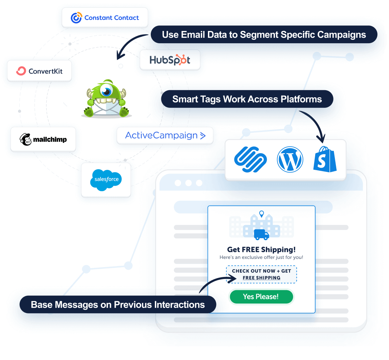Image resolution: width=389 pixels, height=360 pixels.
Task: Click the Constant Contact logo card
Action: (x=105, y=18)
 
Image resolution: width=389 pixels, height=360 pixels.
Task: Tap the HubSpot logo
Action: (x=170, y=60)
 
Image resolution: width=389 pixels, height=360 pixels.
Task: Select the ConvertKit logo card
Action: (x=39, y=71)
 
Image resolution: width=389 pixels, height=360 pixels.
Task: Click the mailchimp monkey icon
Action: (x=26, y=140)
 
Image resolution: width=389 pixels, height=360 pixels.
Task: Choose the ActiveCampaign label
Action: (x=165, y=135)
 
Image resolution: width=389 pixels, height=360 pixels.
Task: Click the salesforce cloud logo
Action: (x=106, y=180)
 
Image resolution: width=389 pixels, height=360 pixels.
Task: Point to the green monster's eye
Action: (x=107, y=91)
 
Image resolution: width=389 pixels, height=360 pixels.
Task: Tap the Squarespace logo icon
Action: (x=250, y=160)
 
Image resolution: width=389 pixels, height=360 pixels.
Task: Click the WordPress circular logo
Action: (x=290, y=160)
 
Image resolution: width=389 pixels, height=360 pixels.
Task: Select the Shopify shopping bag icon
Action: (x=325, y=160)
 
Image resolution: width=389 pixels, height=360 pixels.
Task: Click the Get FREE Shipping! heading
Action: (x=261, y=249)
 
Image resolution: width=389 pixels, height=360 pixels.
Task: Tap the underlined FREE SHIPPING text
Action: (x=261, y=278)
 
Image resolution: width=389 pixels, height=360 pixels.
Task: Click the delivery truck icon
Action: (x=261, y=234)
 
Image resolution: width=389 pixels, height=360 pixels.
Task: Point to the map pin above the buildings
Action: (x=261, y=214)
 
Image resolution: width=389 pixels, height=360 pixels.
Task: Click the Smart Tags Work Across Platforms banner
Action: (x=247, y=99)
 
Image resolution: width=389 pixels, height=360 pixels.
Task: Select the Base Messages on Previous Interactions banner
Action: (x=118, y=305)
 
